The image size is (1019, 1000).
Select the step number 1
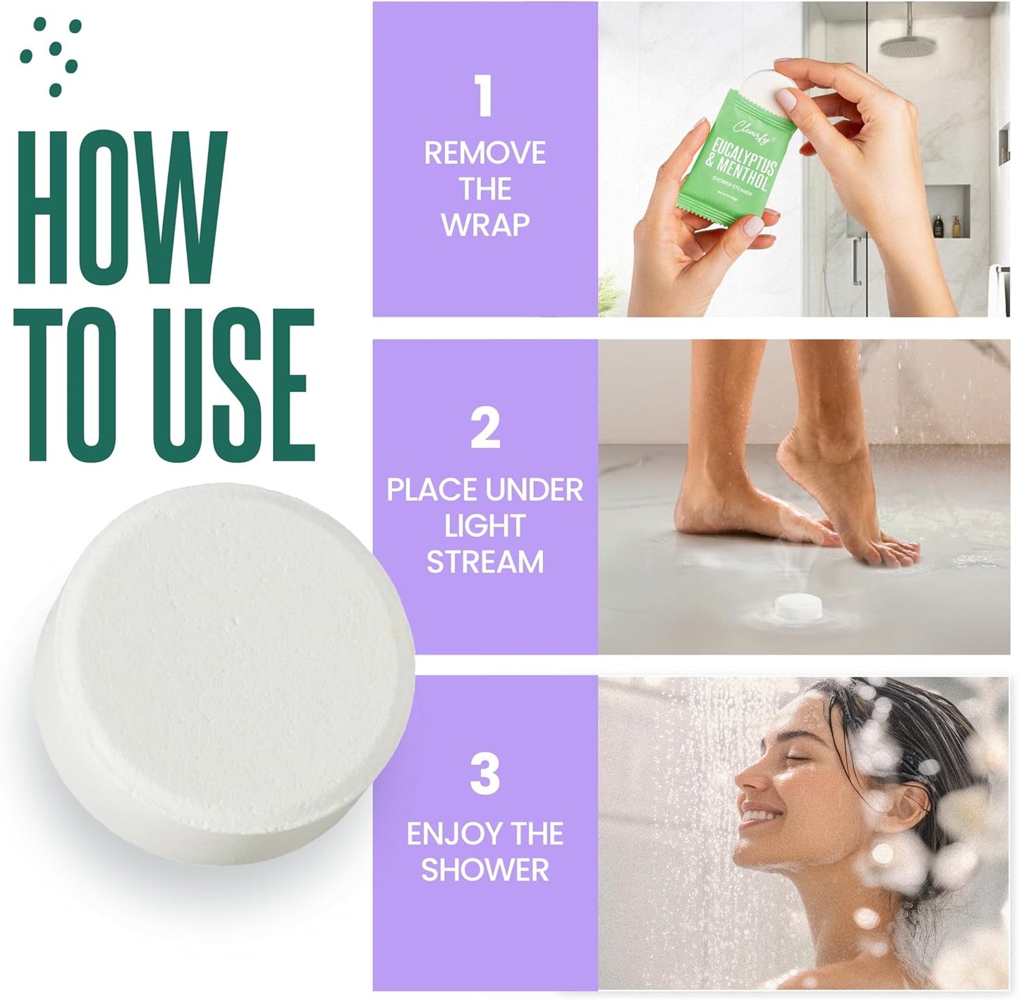click(484, 97)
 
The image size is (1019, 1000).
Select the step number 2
click(485, 428)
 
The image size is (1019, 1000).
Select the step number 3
click(485, 774)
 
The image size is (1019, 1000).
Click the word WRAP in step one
click(485, 224)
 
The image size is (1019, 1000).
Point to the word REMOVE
click(485, 153)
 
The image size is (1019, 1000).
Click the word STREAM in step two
click(485, 562)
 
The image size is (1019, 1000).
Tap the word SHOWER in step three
click(485, 870)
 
